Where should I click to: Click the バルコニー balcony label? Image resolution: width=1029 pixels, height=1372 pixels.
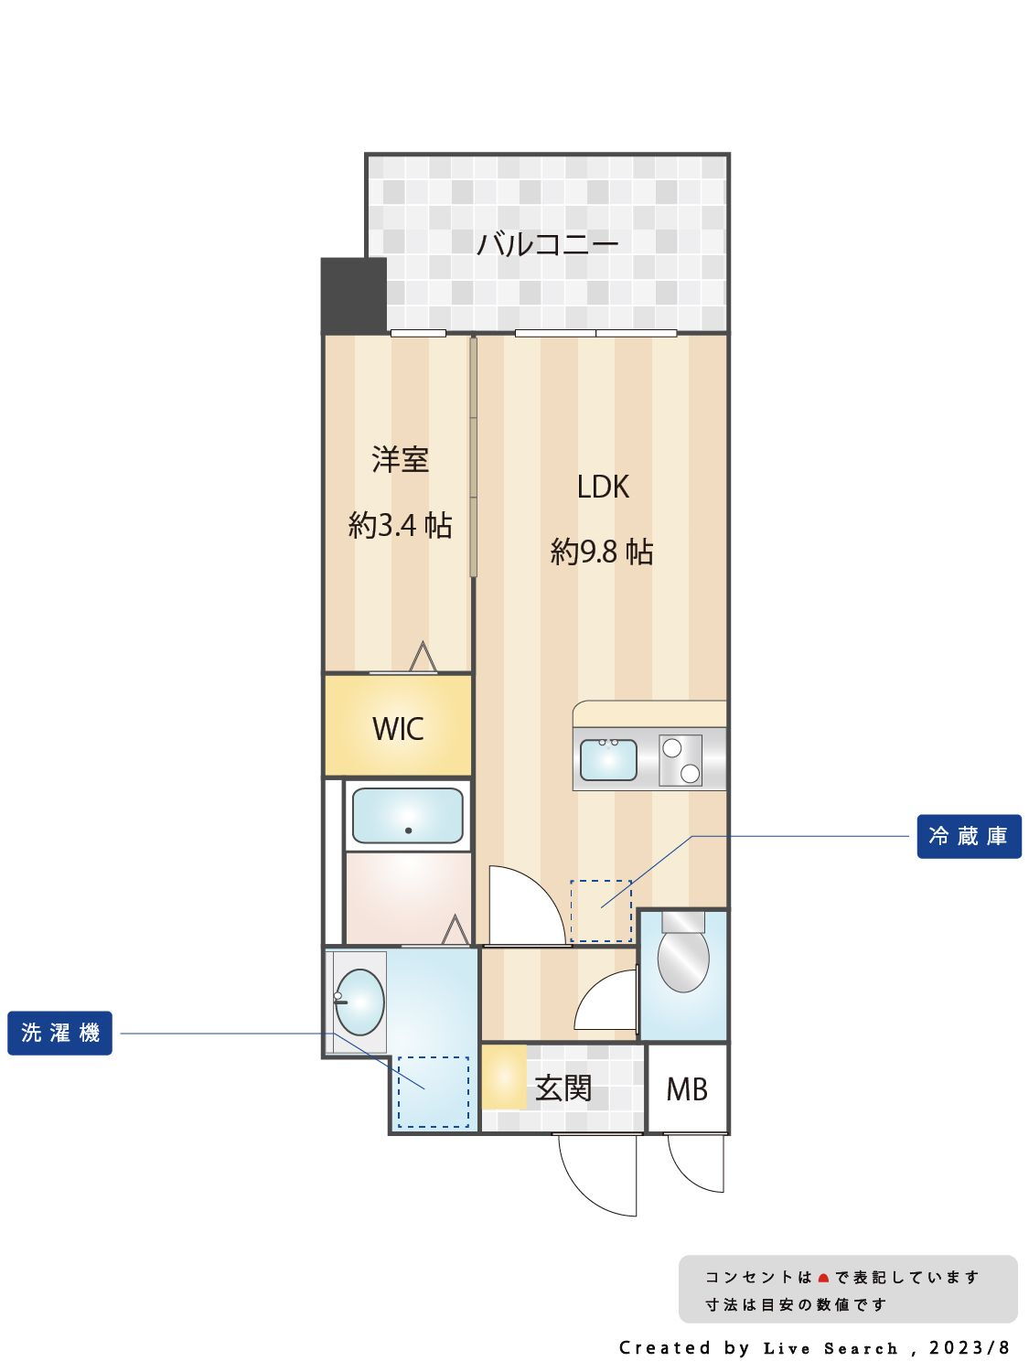pyautogui.click(x=547, y=244)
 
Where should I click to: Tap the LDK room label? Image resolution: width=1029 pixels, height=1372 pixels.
pyautogui.click(x=602, y=487)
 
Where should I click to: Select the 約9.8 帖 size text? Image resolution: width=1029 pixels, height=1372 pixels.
pyautogui.click(x=602, y=552)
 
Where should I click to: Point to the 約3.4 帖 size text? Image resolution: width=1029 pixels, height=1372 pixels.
pyautogui.click(x=400, y=525)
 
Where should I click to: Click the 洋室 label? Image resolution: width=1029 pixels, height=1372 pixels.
pyautogui.click(x=400, y=459)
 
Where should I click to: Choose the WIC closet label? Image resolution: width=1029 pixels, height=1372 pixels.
pyautogui.click(x=398, y=729)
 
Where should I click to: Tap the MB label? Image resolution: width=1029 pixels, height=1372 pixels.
pyautogui.click(x=687, y=1089)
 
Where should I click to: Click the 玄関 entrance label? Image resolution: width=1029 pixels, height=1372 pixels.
pyautogui.click(x=563, y=1088)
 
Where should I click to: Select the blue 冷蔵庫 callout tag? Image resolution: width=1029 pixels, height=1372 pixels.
pyautogui.click(x=969, y=836)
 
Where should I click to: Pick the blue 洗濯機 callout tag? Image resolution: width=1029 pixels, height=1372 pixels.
pyautogui.click(x=60, y=1033)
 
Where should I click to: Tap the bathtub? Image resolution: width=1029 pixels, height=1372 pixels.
pyautogui.click(x=407, y=816)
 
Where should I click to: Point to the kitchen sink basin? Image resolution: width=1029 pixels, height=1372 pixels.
pyautogui.click(x=608, y=760)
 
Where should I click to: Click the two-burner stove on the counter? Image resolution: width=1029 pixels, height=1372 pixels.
pyautogui.click(x=681, y=760)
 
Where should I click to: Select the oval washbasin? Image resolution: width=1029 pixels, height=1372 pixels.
pyautogui.click(x=359, y=1002)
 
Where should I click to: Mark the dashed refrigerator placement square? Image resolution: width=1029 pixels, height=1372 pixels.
pyautogui.click(x=601, y=911)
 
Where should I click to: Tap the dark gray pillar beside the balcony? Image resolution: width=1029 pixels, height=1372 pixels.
pyautogui.click(x=354, y=295)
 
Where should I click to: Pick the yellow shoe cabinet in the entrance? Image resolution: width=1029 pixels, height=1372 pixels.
pyautogui.click(x=504, y=1077)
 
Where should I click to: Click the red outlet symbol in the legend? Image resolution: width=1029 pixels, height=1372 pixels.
pyautogui.click(x=823, y=1278)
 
